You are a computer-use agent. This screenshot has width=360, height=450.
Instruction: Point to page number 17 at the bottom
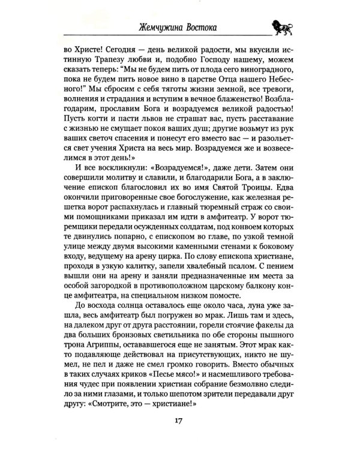pos(180,426)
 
